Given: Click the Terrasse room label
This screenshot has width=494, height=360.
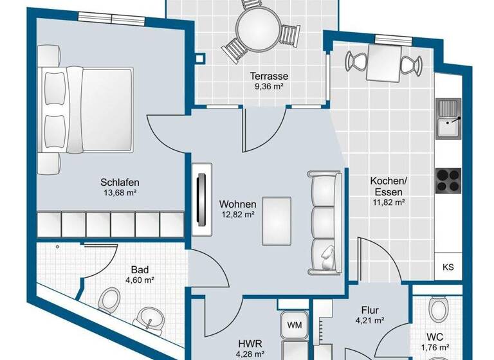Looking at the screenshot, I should click(269, 76).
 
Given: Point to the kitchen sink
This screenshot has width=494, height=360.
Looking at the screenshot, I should click(448, 118).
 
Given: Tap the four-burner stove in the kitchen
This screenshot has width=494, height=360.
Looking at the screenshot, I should click(448, 179).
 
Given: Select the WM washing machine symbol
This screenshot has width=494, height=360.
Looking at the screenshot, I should click(295, 324).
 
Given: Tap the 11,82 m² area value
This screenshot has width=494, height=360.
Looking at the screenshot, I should click(387, 202).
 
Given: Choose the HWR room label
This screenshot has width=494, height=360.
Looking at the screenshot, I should click(247, 343).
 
